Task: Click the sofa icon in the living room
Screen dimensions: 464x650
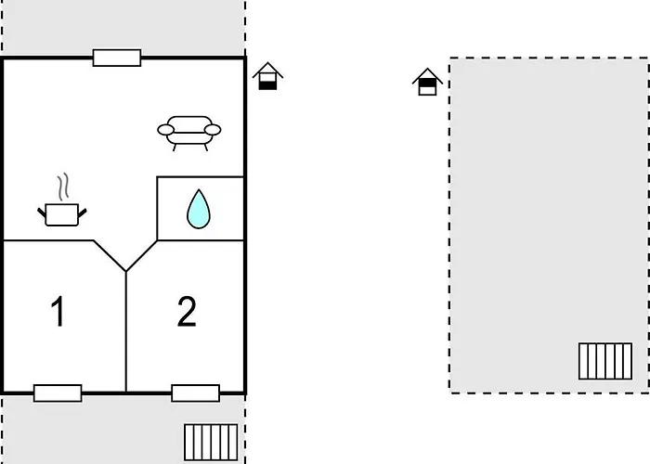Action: click(x=190, y=133)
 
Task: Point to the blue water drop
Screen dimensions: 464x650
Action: click(x=198, y=209)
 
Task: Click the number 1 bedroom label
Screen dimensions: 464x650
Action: click(x=58, y=312)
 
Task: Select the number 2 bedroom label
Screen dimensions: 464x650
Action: click(x=187, y=312)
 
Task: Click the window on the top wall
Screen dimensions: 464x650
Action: click(x=117, y=58)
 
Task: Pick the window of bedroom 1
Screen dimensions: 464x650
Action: click(x=58, y=393)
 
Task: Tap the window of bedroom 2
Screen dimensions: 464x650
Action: click(x=195, y=393)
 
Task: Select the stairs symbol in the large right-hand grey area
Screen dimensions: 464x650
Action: click(x=605, y=361)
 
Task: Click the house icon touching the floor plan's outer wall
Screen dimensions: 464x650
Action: click(x=267, y=76)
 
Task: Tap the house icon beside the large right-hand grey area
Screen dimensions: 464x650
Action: click(x=426, y=82)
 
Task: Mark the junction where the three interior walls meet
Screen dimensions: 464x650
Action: click(x=125, y=271)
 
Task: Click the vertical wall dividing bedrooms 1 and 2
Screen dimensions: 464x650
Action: click(x=125, y=334)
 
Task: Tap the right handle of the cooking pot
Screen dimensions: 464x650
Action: click(x=83, y=213)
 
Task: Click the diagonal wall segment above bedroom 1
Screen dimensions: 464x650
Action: click(x=110, y=255)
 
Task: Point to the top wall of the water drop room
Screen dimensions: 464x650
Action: click(x=200, y=176)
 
